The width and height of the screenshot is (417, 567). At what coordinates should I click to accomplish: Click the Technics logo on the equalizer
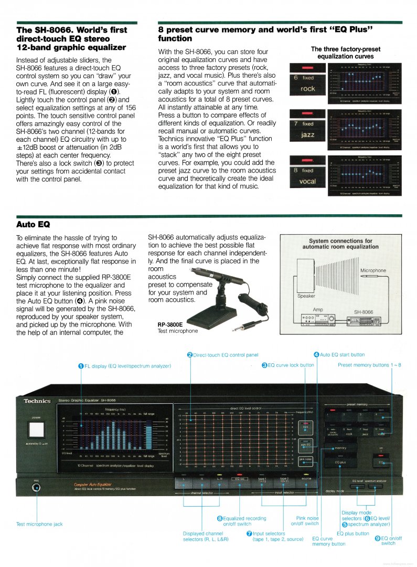point(37,401)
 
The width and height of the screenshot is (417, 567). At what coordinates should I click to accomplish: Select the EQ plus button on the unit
point(341,462)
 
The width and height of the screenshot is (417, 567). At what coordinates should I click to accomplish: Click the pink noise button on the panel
point(306,459)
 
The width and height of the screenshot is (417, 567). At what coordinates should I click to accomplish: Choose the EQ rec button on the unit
point(239,479)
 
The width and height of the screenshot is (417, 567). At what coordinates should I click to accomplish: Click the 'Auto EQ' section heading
point(33,224)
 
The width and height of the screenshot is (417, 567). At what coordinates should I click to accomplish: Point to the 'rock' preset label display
point(308,89)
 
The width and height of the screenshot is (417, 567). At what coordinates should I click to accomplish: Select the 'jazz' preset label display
point(308,135)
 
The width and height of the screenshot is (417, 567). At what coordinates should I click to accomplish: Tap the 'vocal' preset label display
point(308,182)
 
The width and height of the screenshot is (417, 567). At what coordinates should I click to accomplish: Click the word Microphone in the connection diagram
point(373,270)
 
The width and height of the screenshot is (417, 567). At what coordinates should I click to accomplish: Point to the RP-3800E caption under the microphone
point(170,324)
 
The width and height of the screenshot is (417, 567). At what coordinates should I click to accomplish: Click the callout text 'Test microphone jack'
point(39,524)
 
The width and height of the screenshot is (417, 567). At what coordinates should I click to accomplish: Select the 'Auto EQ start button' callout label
point(342,355)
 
